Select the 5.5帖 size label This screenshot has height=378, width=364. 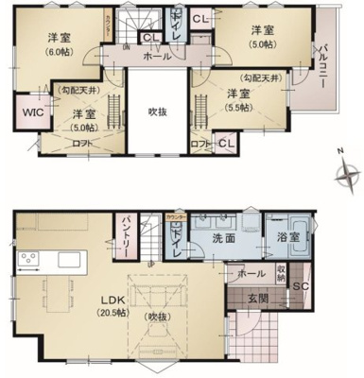[239, 110]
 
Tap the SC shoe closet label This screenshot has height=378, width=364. [303, 286]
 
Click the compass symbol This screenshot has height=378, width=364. [350, 175]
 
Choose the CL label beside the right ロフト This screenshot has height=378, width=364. [223, 144]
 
